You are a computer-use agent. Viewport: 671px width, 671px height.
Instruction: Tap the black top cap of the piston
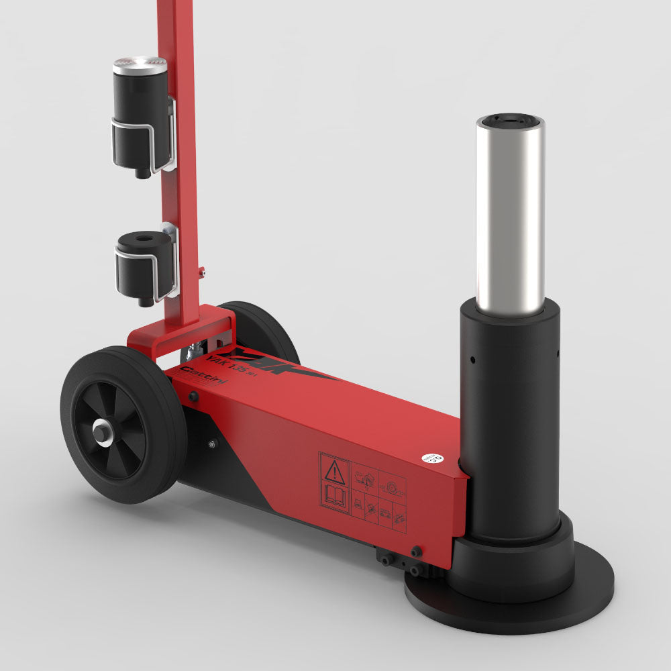tap(511, 121)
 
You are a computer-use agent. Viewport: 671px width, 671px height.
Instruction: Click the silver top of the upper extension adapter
tap(140, 66)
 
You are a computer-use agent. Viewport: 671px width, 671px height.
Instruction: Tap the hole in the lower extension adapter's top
tap(144, 238)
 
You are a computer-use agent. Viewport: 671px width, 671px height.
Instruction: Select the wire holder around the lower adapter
tap(146, 272)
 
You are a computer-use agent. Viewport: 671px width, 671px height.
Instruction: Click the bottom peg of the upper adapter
tap(141, 174)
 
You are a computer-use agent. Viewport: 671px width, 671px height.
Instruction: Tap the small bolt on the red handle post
tap(202, 272)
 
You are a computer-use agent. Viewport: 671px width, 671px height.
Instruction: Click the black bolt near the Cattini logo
tap(193, 397)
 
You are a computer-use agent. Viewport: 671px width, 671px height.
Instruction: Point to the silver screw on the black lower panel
tap(213, 444)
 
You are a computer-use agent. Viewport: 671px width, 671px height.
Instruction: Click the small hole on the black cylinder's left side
tap(472, 360)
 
